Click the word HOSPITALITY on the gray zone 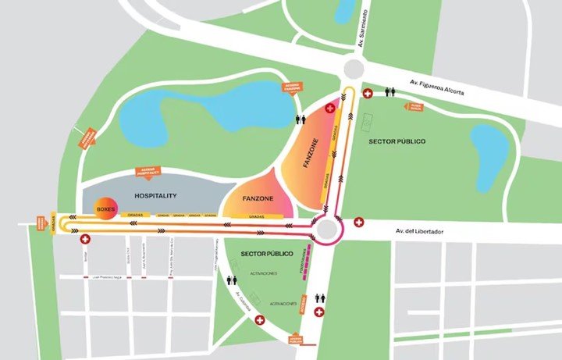coord(155,196)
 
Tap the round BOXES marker coord(105,210)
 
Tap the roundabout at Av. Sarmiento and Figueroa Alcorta coord(352,69)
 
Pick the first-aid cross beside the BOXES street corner coord(84,239)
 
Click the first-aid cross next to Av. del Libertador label coord(359,223)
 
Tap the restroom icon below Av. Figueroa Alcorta coord(389,91)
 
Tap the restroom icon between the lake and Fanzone coord(300,119)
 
